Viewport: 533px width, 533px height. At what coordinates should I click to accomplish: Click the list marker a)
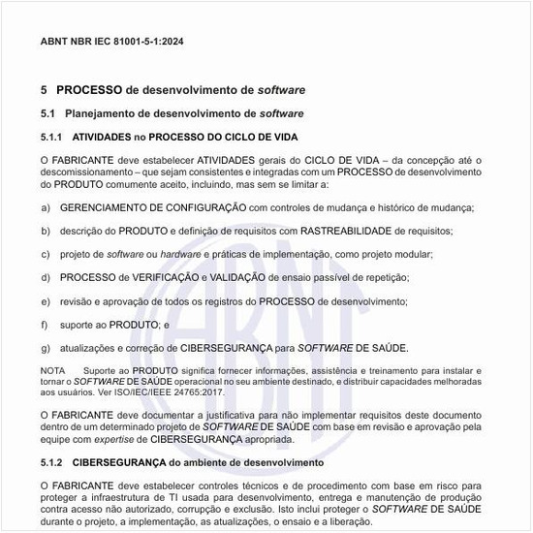(x=46, y=207)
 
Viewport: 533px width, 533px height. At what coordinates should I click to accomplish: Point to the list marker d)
(x=46, y=278)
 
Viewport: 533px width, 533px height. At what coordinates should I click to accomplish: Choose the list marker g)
(x=46, y=348)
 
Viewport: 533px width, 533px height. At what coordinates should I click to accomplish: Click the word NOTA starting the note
(x=52, y=371)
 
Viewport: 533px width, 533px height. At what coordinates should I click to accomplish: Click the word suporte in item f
(x=77, y=325)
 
